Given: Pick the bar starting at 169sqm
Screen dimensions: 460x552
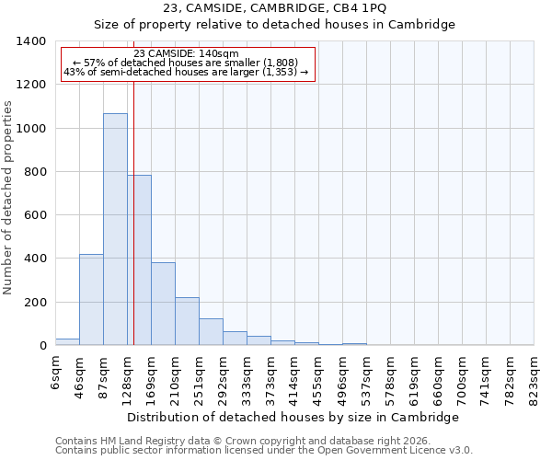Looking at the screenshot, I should [163, 304].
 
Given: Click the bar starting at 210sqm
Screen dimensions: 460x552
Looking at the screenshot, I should [187, 321].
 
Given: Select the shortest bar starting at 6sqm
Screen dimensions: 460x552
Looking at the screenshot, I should [67, 341].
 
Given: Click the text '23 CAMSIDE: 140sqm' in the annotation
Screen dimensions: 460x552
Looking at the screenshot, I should [186, 53].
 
